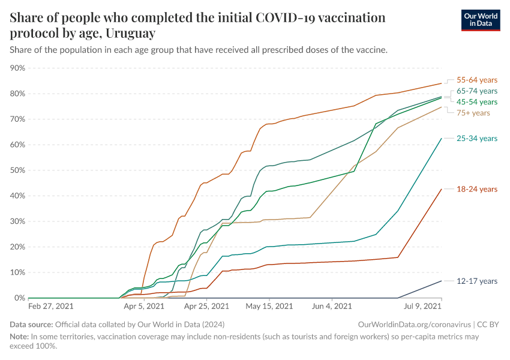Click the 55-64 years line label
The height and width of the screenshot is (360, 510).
[476, 80]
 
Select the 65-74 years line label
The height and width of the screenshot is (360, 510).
[476, 91]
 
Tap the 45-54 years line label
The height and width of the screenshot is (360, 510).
[476, 102]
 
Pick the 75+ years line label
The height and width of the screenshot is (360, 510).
[473, 113]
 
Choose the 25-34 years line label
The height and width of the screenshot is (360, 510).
[476, 139]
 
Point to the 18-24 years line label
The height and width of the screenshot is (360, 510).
[476, 190]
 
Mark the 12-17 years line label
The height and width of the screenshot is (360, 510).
[476, 281]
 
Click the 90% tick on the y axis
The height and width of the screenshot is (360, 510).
[17, 68]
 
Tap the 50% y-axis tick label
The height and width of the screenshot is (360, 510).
[17, 170]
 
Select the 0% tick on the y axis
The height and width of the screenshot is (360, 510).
[19, 298]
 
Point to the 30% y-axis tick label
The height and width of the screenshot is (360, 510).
[17, 221]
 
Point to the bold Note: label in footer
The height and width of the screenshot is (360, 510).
[20, 337]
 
